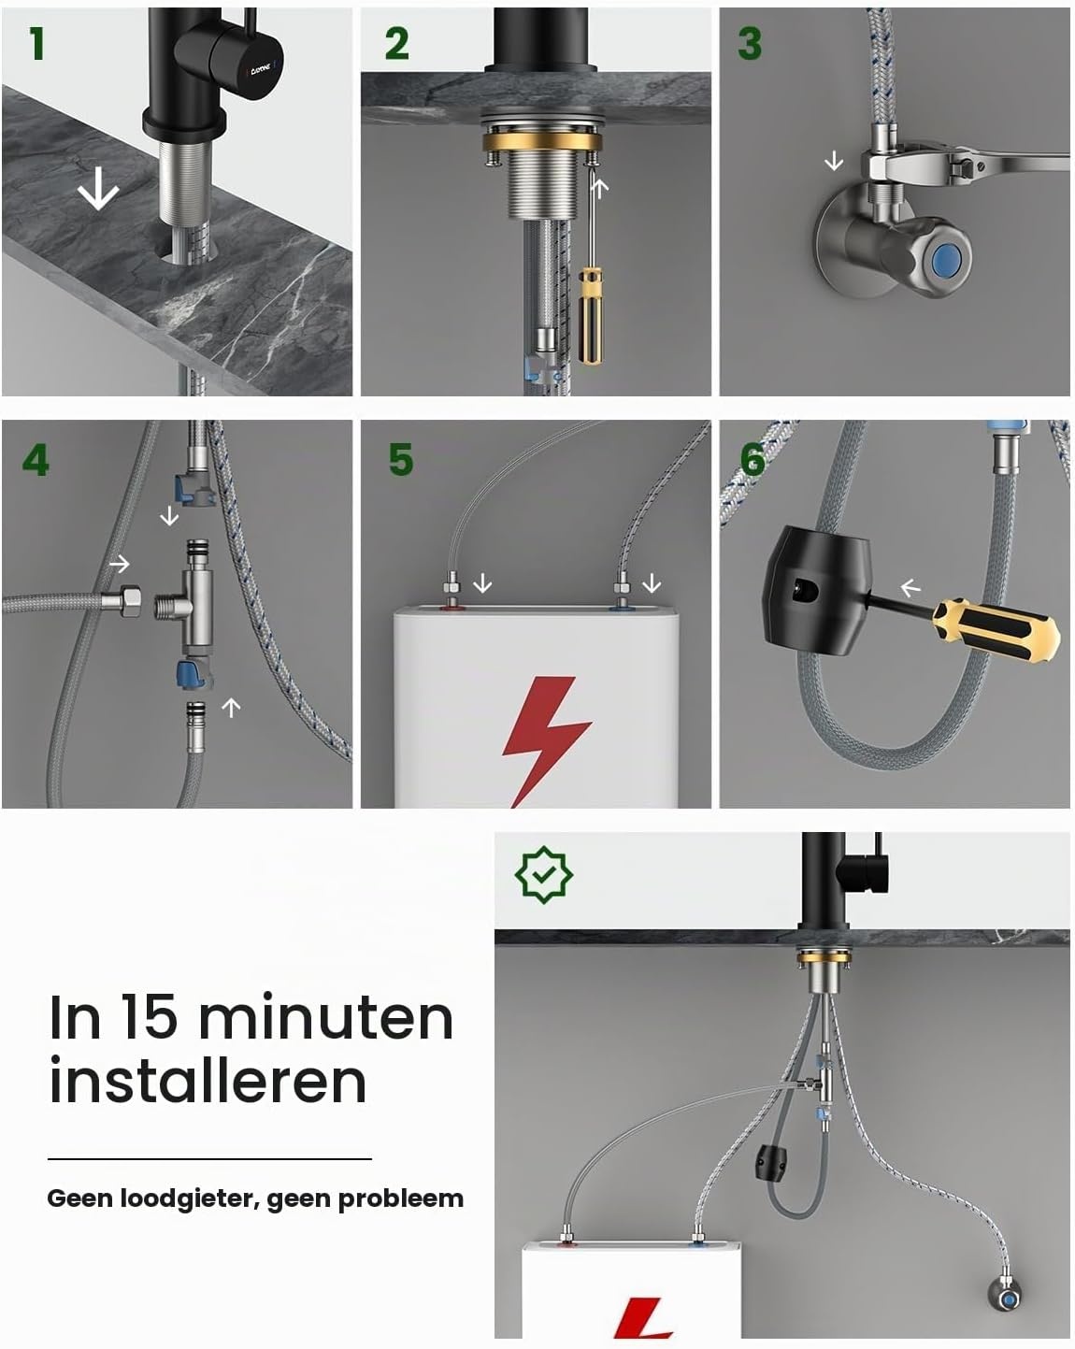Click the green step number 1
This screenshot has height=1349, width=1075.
coord(37,44)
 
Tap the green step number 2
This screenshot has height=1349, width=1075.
coord(396,44)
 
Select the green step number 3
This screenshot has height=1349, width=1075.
coord(750,44)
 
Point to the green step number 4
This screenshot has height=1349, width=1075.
coord(36,460)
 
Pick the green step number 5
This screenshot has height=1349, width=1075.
coord(400,460)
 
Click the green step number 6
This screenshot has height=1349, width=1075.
coord(752,460)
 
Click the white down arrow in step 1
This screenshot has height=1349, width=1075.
coord(98,188)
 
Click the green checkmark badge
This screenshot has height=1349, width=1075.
coord(543,874)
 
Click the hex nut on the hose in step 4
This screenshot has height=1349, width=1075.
coord(129,599)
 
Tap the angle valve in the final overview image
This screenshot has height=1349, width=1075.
coord(1006,1294)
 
